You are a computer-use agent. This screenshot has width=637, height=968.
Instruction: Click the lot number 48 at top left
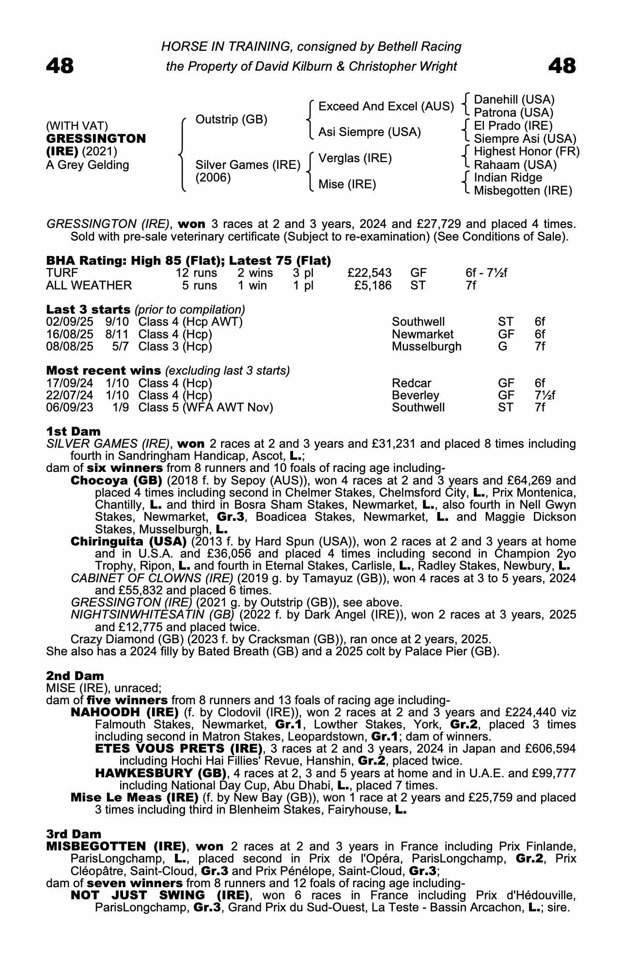60,66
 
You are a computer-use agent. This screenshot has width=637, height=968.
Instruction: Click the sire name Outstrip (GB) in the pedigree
231,120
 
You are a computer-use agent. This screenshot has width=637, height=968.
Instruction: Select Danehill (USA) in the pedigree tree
513,100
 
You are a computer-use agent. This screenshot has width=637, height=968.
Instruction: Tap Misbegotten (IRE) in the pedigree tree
523,191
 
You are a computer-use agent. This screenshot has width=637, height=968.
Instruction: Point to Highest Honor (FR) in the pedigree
526,151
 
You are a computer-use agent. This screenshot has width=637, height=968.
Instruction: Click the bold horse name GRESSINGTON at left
96,139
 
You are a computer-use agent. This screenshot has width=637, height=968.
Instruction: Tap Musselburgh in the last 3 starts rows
426,347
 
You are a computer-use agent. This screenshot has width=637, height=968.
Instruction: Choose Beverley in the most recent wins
415,395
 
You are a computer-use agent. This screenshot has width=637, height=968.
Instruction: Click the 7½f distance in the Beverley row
545,395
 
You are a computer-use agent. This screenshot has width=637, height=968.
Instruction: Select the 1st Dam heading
73,431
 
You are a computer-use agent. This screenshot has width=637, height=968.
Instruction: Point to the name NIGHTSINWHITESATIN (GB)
153,615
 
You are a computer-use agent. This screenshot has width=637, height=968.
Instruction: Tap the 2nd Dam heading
75,676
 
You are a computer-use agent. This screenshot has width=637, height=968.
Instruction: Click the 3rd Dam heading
74,834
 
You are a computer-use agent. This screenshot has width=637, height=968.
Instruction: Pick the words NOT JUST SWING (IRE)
160,895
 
